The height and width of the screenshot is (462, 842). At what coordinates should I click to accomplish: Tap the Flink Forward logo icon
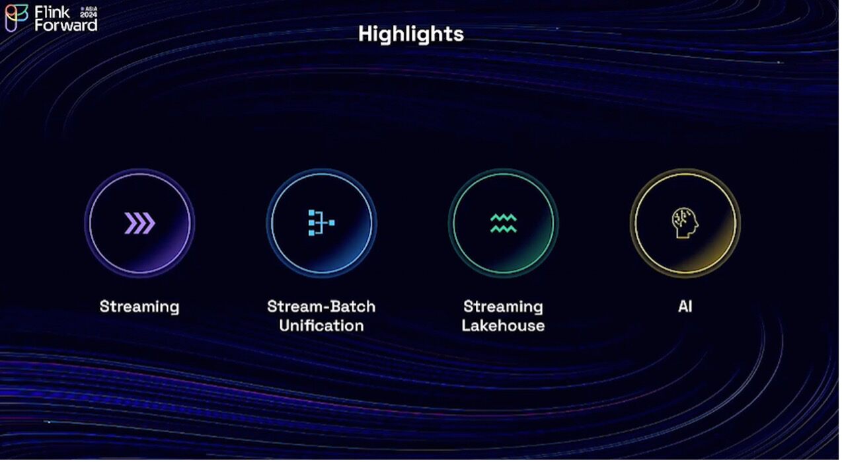16,18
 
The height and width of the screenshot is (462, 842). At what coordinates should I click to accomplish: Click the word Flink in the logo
52,13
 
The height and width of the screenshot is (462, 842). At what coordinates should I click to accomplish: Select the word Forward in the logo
66,26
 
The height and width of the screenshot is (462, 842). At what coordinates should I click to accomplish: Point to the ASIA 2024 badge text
89,13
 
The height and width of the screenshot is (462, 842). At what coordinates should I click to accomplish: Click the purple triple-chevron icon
139,223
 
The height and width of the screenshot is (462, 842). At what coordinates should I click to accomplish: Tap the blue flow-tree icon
321,223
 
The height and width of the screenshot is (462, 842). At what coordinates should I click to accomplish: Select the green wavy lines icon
504,223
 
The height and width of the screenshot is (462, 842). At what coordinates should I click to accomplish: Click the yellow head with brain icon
685,223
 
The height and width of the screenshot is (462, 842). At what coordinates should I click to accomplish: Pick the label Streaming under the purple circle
139,307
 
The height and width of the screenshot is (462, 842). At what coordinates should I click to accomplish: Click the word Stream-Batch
321,307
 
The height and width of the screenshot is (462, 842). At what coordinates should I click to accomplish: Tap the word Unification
321,326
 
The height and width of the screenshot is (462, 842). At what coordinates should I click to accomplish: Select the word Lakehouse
504,326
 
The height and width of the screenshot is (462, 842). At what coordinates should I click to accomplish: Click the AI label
685,307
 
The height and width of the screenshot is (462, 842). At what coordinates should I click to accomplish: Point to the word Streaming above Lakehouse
504,307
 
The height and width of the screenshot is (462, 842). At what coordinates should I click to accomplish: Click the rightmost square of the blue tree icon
332,223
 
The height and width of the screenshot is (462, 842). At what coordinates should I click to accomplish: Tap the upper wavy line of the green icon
504,217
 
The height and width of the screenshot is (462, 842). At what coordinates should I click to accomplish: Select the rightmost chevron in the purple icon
149,223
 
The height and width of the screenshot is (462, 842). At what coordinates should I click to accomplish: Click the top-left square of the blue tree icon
311,213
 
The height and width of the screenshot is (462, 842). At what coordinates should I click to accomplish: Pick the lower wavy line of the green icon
504,229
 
